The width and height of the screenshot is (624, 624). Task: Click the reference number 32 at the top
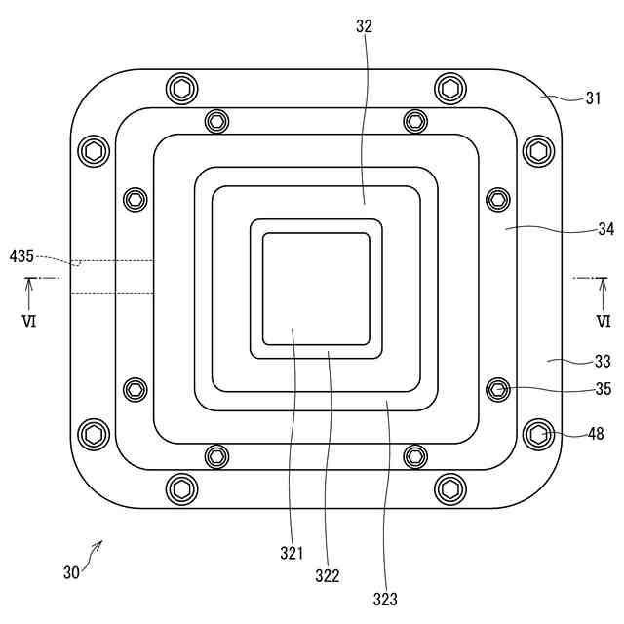pyautogui.click(x=364, y=27)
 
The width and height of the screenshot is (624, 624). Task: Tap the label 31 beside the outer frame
pyautogui.click(x=594, y=98)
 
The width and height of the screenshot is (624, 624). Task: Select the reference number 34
pyautogui.click(x=605, y=230)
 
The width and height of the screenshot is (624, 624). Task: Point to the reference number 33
pyautogui.click(x=604, y=361)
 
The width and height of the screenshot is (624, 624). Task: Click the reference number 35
pyautogui.click(x=604, y=389)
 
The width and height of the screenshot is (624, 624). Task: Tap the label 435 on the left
pyautogui.click(x=21, y=255)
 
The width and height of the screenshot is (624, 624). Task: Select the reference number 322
pyautogui.click(x=328, y=576)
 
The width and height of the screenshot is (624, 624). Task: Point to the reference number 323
pyautogui.click(x=384, y=599)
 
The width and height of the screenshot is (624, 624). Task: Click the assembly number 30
pyautogui.click(x=71, y=573)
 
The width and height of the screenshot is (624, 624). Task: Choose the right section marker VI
pyautogui.click(x=604, y=320)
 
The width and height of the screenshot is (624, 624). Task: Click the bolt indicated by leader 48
pyautogui.click(x=539, y=434)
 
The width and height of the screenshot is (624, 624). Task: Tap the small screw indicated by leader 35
pyautogui.click(x=498, y=390)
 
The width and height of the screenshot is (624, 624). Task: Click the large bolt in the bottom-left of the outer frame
pyautogui.click(x=94, y=433)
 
